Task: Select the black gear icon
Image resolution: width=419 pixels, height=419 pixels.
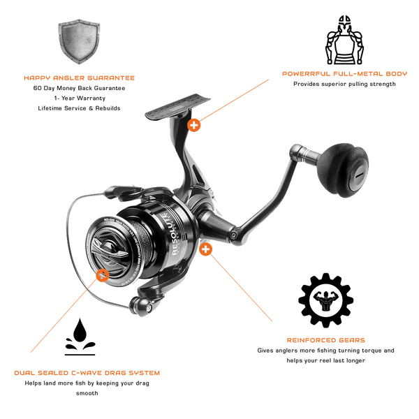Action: point(325,299)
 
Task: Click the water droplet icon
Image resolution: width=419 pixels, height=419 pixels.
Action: point(78,339)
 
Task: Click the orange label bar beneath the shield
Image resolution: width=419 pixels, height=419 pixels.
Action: point(79,78)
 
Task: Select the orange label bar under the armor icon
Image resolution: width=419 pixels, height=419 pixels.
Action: point(343,73)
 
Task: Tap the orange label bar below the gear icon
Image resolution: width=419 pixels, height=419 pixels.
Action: point(325,341)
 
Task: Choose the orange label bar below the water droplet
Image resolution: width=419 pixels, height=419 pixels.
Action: point(87,374)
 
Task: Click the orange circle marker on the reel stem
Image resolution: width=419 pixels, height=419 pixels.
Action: point(195,124)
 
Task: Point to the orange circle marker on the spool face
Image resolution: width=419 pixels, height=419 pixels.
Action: point(103,275)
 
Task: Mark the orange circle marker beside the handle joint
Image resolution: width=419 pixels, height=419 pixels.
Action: point(205,248)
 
